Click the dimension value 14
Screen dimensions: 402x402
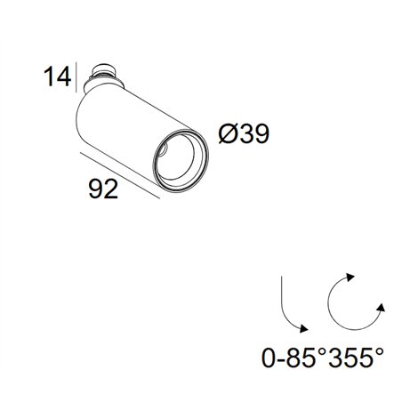tap(58, 76)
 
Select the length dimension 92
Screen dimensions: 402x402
tap(103, 189)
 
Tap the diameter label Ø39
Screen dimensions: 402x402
tap(244, 133)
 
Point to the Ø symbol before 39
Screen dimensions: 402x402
tap(229, 133)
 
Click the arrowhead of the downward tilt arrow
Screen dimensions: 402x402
tap(304, 328)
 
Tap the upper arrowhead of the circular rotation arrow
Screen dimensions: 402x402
tap(350, 277)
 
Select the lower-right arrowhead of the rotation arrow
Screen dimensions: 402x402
tap(381, 308)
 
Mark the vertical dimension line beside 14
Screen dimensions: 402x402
tap(76, 77)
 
